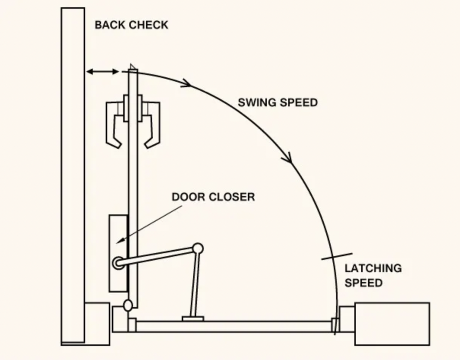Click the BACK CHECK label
tap(131, 25)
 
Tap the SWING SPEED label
tap(277, 102)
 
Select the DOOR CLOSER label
tap(213, 197)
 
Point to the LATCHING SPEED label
tap(373, 276)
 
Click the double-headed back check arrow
tap(102, 71)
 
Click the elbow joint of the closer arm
tap(198, 248)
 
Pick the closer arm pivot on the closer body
tap(118, 263)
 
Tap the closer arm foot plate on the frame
tap(193, 319)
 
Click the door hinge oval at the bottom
tap(128, 306)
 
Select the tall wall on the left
tap(73, 175)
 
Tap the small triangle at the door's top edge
tap(132, 67)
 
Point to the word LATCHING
tap(373, 268)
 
